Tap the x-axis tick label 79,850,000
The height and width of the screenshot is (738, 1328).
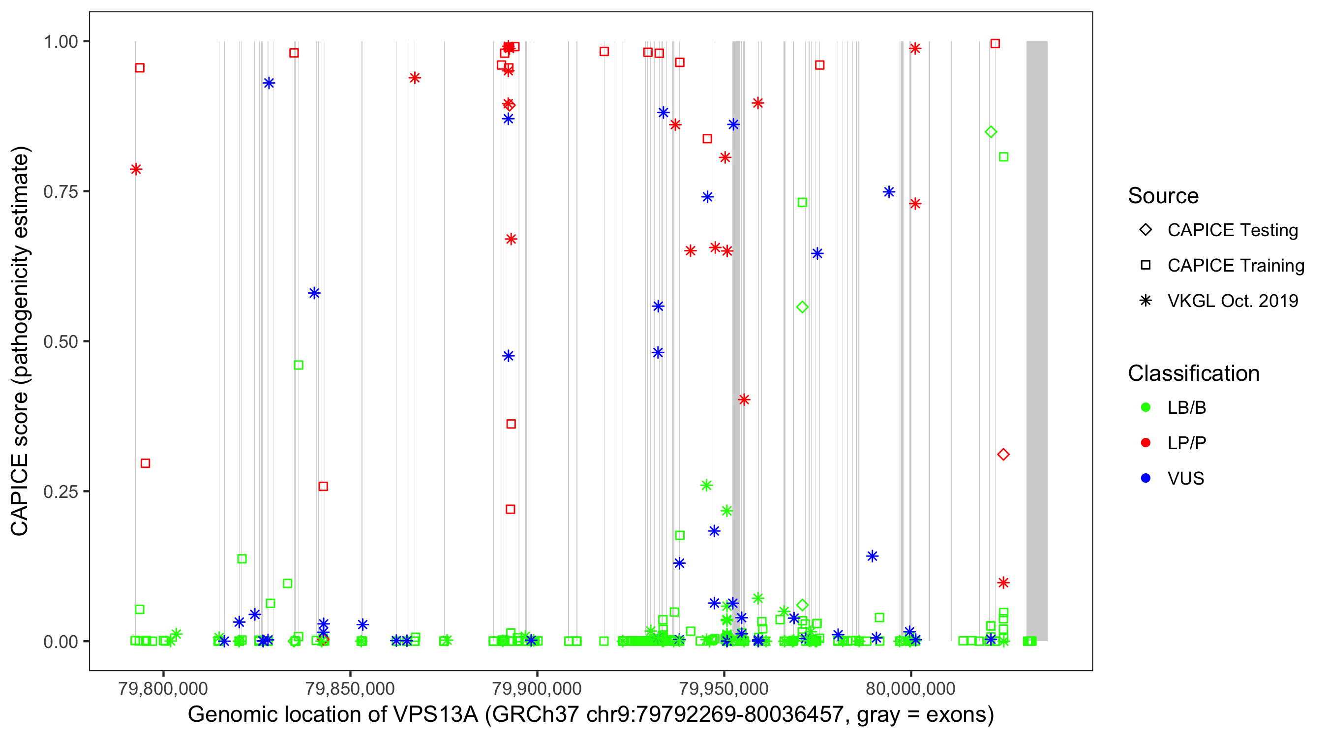[350, 688]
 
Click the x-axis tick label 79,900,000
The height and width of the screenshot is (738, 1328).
[537, 688]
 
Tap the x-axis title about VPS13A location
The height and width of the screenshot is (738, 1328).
[590, 715]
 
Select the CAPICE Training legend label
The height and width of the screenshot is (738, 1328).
[1236, 266]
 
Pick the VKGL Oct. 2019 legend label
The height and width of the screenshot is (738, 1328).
[1233, 301]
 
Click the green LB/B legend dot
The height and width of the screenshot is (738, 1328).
[1146, 407]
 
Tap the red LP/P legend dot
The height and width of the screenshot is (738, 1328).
[1146, 443]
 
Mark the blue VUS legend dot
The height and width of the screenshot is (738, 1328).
[1146, 479]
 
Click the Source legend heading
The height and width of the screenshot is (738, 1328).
[1163, 196]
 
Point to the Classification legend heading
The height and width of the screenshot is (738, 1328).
[1193, 373]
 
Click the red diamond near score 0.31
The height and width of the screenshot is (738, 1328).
[1003, 454]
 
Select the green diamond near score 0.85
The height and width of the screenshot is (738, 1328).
[990, 132]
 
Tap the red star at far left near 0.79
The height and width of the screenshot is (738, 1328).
[136, 169]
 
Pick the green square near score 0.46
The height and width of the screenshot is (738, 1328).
[299, 365]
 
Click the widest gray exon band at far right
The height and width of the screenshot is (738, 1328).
[1036, 340]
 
